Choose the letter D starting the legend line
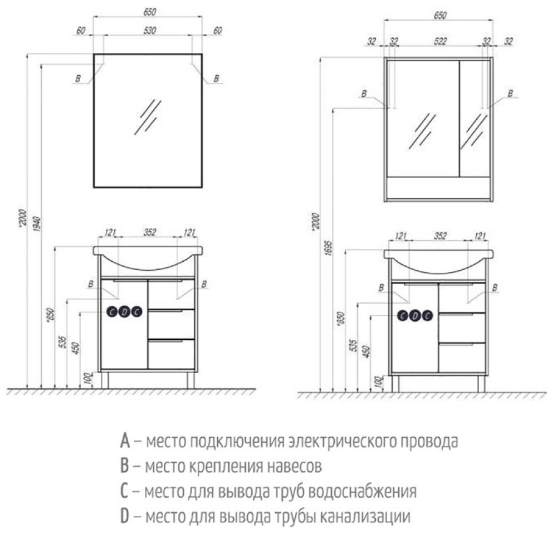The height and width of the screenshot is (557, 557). coord(125,516)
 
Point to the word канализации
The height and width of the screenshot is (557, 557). coord(365,516)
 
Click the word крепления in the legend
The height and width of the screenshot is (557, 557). coord(222,466)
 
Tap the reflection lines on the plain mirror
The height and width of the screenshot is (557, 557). coord(148,117)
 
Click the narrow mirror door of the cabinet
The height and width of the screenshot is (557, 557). coord(474,118)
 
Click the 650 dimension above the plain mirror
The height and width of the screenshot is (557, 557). coord(148,12)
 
